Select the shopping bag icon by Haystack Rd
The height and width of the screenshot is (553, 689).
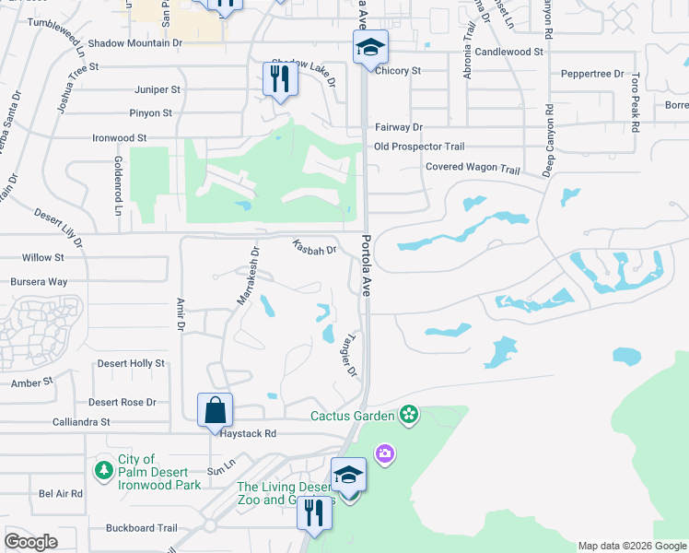[215, 409]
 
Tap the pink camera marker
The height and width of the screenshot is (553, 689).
[384, 453]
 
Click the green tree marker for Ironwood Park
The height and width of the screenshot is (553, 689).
[104, 471]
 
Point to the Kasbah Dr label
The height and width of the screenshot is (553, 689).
[314, 247]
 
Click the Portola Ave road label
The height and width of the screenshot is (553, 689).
[366, 265]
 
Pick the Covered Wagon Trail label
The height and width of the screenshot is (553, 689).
[473, 168]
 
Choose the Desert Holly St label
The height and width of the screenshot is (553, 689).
[131, 363]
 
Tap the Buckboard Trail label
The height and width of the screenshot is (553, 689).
[141, 528]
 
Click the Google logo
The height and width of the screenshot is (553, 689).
[30, 542]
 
